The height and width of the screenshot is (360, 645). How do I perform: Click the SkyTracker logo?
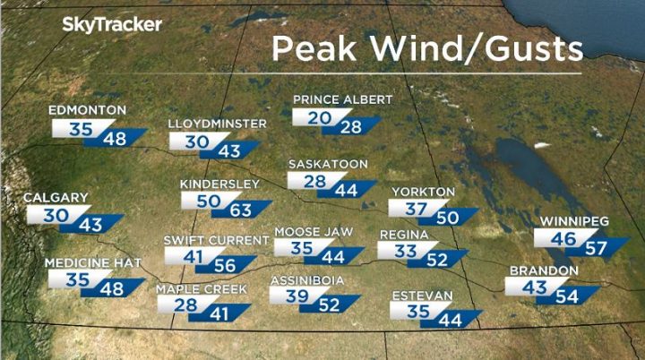pyautogui.click(x=112, y=25)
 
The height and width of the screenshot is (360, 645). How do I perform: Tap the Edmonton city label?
pyautogui.click(x=87, y=110)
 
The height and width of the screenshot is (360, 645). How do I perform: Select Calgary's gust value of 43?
pyautogui.click(x=90, y=226)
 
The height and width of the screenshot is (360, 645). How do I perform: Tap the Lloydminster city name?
pyautogui.click(x=218, y=124)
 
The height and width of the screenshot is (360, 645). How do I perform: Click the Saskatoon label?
pyautogui.click(x=328, y=165)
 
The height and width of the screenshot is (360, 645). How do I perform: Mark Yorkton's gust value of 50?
pyautogui.click(x=448, y=218)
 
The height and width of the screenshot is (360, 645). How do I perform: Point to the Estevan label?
pyautogui.click(x=421, y=296)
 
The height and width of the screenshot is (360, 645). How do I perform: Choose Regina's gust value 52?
pyautogui.click(x=438, y=261)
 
